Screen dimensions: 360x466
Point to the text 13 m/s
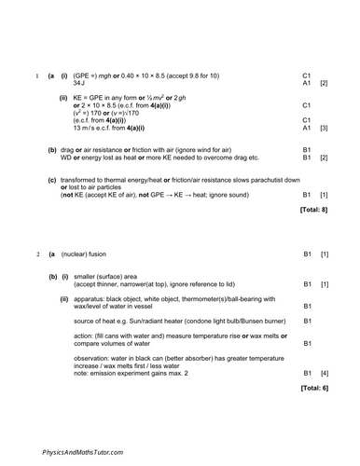tap(85, 128)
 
